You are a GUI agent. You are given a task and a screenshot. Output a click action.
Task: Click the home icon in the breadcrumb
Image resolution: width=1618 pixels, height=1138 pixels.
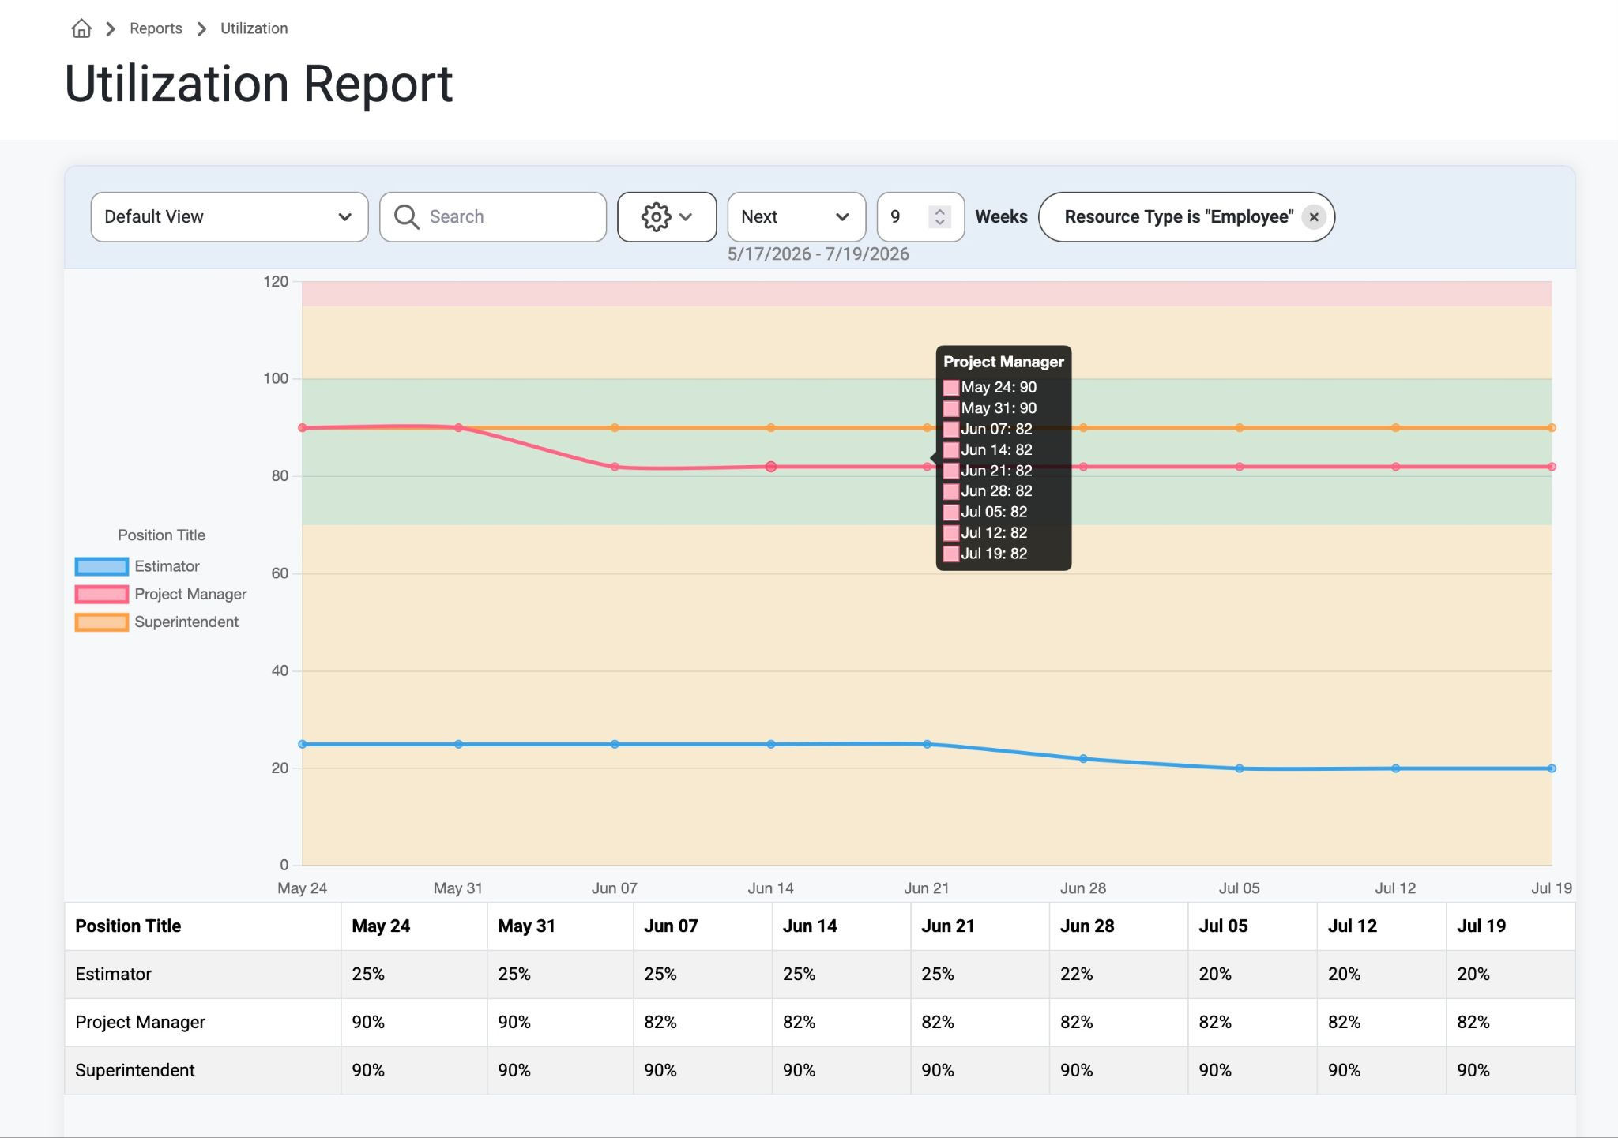coord(81,29)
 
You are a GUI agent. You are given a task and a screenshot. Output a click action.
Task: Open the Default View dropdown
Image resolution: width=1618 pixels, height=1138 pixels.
coord(229,217)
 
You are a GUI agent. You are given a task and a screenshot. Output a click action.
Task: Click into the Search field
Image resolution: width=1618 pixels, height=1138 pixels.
coord(493,217)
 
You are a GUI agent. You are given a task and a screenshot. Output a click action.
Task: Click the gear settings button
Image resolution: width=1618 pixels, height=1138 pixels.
coord(667,217)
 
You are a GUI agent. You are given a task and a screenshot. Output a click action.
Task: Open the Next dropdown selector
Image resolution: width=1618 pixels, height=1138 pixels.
coord(796,217)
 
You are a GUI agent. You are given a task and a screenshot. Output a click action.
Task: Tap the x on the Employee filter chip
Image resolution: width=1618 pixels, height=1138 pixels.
coord(1314,217)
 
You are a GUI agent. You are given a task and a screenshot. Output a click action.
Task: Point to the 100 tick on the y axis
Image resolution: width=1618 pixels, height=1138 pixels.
coord(276,379)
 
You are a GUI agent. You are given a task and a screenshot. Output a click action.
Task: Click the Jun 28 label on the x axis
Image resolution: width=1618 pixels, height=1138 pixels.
coord(1083,888)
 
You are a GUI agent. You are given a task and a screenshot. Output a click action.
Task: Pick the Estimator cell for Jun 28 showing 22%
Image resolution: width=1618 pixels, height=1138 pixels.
coord(1076,975)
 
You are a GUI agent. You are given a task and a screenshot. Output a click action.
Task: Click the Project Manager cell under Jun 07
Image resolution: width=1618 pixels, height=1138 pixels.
coord(660,1023)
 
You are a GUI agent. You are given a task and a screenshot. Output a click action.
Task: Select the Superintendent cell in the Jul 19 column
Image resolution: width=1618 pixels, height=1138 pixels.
coord(1473,1071)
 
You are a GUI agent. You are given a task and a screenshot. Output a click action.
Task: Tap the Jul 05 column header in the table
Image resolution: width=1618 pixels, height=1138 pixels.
coord(1223,926)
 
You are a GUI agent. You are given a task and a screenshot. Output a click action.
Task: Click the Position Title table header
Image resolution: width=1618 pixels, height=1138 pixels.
coord(128,926)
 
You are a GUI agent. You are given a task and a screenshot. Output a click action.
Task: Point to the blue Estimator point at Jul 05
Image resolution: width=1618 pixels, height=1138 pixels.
coord(1240,768)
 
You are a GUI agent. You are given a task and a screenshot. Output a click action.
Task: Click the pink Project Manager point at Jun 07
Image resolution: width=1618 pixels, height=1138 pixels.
coord(615,467)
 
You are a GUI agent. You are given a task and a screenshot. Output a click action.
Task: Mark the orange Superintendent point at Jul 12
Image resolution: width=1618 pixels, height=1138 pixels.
coord(1396,428)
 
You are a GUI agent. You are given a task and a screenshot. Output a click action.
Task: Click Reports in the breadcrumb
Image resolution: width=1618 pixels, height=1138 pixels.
coord(156,28)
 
